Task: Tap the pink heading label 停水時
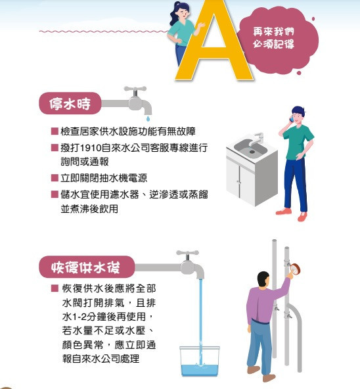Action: (70, 103)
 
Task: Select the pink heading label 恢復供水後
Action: (87, 267)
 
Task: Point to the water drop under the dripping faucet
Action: (148, 118)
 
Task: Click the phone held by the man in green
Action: (292, 118)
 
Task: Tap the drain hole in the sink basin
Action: (252, 151)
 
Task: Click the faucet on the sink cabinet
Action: (257, 139)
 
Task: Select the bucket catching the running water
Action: (200, 361)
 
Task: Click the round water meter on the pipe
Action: (295, 269)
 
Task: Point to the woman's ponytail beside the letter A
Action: (173, 15)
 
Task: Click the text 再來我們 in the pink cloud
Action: (273, 32)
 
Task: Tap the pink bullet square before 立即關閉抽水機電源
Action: (55, 178)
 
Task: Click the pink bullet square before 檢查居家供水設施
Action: (55, 131)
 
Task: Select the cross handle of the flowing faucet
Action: (188, 253)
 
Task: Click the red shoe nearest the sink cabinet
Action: (284, 212)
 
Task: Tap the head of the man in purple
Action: (263, 279)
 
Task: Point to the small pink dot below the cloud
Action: (299, 73)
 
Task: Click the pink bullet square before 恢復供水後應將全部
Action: (55, 288)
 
